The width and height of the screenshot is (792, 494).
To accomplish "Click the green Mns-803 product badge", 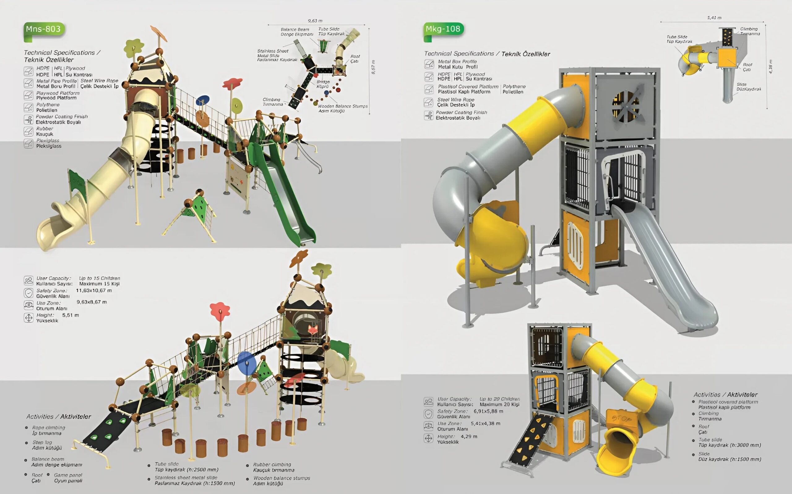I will click(x=44, y=29).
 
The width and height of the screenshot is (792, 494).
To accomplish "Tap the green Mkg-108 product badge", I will click(x=443, y=29).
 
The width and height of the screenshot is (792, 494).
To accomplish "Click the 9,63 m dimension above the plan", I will click(x=315, y=21).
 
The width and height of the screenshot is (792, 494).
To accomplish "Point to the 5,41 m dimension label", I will click(x=714, y=18).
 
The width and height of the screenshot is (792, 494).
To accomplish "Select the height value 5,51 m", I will click(x=70, y=315).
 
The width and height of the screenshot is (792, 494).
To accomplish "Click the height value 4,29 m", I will click(x=469, y=437).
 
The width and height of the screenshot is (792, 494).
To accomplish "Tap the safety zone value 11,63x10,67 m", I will click(x=94, y=291).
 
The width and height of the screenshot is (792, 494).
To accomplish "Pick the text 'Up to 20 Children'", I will click(x=499, y=399).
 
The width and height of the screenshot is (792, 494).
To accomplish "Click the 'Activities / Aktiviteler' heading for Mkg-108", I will click(x=725, y=395).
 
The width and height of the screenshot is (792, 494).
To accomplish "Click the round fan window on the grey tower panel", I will click(x=625, y=107).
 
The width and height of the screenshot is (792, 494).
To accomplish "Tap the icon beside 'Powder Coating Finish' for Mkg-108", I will click(x=428, y=115).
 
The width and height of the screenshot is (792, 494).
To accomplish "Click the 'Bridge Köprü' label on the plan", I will click(x=323, y=84).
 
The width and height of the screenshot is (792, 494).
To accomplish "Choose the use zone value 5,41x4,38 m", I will click(x=485, y=424).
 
